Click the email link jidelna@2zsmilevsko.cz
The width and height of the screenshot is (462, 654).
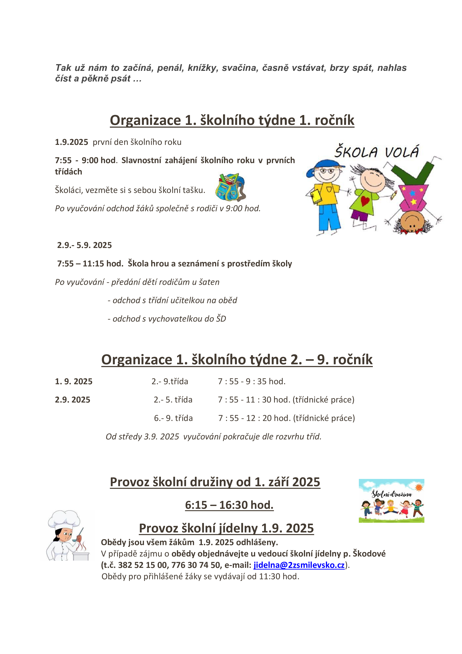tap(299, 565)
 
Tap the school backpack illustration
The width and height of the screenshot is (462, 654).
tap(230, 187)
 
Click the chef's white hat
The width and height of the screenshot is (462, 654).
tap(64, 519)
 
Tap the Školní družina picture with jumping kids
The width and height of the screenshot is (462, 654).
tap(391, 501)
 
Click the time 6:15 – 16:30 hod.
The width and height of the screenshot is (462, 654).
tap(229, 505)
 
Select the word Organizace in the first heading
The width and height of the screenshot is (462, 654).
tap(145, 120)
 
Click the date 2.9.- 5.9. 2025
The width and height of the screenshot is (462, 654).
tap(85, 245)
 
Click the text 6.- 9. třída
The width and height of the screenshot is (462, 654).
tap(173, 418)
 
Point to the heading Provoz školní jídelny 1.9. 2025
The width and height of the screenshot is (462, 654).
tap(226, 528)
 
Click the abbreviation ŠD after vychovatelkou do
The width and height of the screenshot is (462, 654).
tap(221, 319)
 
